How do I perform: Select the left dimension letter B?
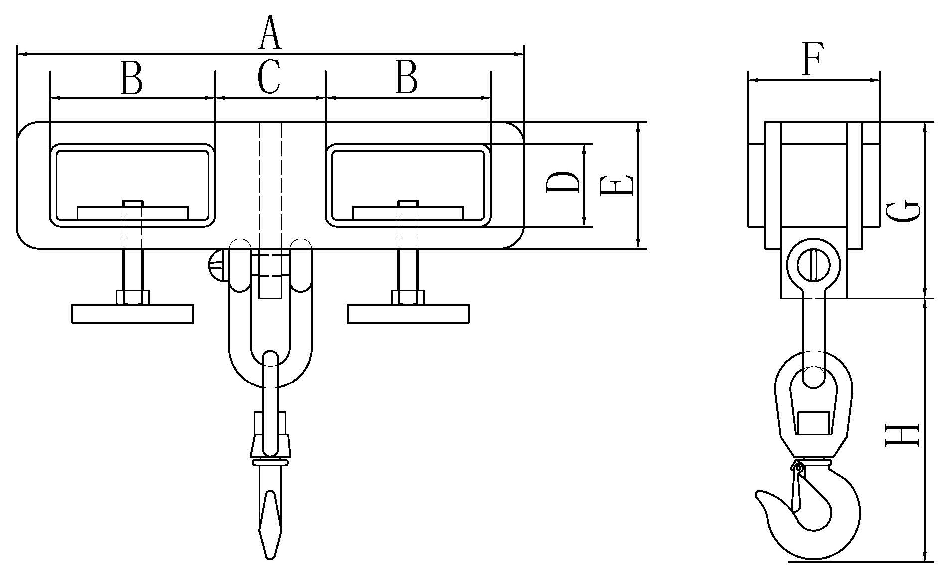click(131, 78)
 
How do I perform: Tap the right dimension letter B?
click(406, 78)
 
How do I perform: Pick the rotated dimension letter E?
click(617, 185)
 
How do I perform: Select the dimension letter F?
click(812, 58)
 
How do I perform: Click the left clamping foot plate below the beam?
click(133, 314)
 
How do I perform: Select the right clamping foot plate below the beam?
click(408, 314)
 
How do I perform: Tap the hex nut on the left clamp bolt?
click(133, 297)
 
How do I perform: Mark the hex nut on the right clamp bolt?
click(408, 297)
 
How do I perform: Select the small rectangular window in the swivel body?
click(813, 423)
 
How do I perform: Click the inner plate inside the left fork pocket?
click(133, 212)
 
